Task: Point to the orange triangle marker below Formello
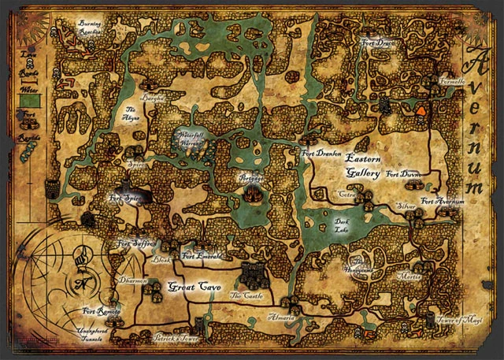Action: pyautogui.click(x=421, y=111)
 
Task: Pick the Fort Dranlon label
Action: pyautogui.click(x=321, y=153)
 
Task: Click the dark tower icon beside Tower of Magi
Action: pyautogui.click(x=431, y=319)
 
